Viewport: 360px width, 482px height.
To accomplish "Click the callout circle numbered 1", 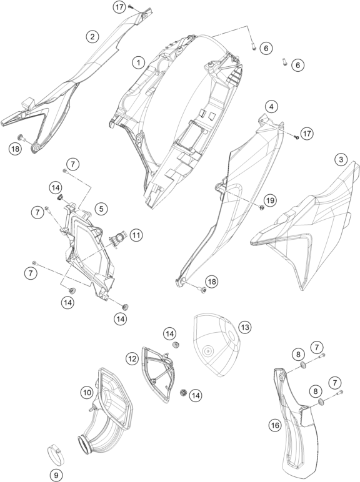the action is tap(139, 62).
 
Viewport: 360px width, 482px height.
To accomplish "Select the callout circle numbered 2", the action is tap(92, 37).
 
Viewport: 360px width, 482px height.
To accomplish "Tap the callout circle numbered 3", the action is tap(341, 160).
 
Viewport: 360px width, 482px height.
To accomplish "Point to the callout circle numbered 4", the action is tap(271, 107).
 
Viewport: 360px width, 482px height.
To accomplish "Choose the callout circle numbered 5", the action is tap(101, 209).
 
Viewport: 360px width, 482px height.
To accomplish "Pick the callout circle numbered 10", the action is tap(87, 392).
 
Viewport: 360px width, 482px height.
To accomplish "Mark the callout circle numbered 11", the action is tap(136, 235).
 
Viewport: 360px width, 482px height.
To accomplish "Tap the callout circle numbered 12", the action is tap(132, 358).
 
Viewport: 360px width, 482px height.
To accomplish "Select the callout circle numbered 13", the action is tap(244, 327).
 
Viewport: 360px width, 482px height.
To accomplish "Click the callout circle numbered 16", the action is tap(275, 425).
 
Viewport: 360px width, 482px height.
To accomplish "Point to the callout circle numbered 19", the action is tap(270, 200).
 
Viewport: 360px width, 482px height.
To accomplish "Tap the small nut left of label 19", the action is tap(261, 208).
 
